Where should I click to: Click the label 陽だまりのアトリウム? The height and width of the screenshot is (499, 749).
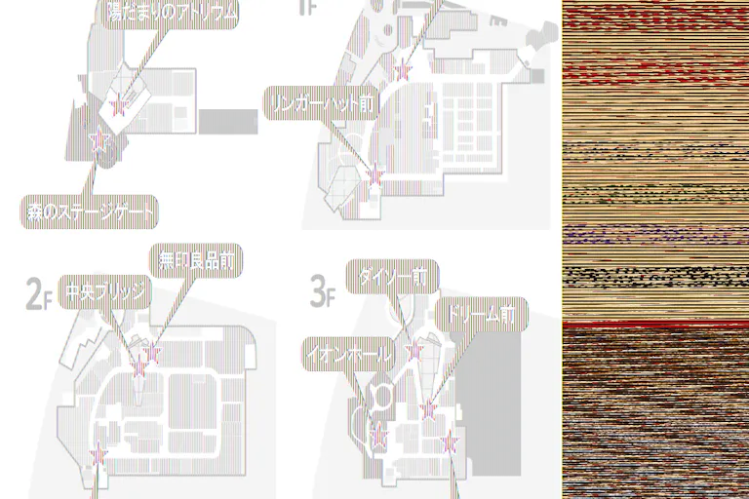point(172,14)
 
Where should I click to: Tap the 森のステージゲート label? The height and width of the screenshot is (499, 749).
point(91,210)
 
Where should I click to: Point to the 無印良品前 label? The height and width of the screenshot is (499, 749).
point(196,260)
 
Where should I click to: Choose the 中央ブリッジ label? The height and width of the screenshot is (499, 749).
point(104,292)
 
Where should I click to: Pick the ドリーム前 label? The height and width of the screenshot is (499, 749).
point(479,314)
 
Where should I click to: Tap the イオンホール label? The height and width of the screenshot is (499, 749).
point(348,353)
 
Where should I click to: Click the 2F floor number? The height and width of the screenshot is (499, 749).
point(38,289)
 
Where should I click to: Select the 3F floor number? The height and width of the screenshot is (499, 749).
point(322,289)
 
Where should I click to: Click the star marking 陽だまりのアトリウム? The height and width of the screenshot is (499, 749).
point(119,105)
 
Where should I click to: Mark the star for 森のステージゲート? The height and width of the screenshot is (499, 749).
point(98,141)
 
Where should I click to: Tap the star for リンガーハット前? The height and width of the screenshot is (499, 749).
point(374,174)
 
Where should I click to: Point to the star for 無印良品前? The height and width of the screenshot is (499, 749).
point(152,352)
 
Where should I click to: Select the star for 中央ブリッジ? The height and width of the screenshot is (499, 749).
point(138,368)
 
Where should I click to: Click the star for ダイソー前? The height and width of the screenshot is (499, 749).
point(414,350)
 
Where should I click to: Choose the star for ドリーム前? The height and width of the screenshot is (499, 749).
point(427,410)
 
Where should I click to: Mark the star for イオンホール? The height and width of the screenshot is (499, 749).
point(378,436)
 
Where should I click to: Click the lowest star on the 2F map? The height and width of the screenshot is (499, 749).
point(98,453)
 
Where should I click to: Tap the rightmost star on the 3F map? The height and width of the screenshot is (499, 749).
point(450,443)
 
